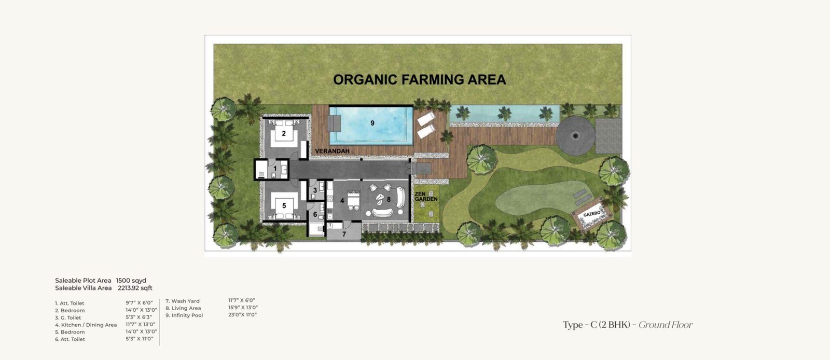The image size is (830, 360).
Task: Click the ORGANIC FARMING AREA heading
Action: pyautogui.click(x=420, y=80)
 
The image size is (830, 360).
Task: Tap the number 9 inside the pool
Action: pyautogui.click(x=372, y=123)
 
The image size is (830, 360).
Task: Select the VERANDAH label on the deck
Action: pyautogui.click(x=333, y=151)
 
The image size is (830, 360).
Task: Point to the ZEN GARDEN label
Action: pyautogui.click(x=426, y=197)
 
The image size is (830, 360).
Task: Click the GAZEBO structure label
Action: pyautogui.click(x=592, y=214)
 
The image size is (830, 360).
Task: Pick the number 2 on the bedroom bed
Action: pyautogui.click(x=284, y=133)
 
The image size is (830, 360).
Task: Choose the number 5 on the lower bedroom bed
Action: pyautogui.click(x=284, y=205)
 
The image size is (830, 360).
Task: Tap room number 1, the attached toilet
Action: pyautogui.click(x=275, y=169)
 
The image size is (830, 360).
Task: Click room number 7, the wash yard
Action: pyautogui.click(x=344, y=234)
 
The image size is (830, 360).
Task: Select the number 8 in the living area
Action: pyautogui.click(x=389, y=199)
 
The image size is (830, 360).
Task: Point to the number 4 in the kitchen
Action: pyautogui.click(x=342, y=201)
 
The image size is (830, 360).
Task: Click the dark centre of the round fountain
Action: pyautogui.click(x=575, y=136)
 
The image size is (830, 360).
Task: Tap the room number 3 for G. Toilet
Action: pyautogui.click(x=315, y=190)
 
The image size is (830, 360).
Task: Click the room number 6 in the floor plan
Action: pyautogui.click(x=315, y=214)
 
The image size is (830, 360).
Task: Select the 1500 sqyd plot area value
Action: pyautogui.click(x=131, y=280)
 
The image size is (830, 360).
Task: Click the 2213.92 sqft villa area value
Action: pyautogui.click(x=135, y=288)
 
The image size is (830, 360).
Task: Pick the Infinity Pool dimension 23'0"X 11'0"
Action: pyautogui.click(x=242, y=315)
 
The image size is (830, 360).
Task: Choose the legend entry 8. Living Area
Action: pyautogui.click(x=183, y=308)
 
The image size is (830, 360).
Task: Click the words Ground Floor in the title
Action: pyautogui.click(x=666, y=325)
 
